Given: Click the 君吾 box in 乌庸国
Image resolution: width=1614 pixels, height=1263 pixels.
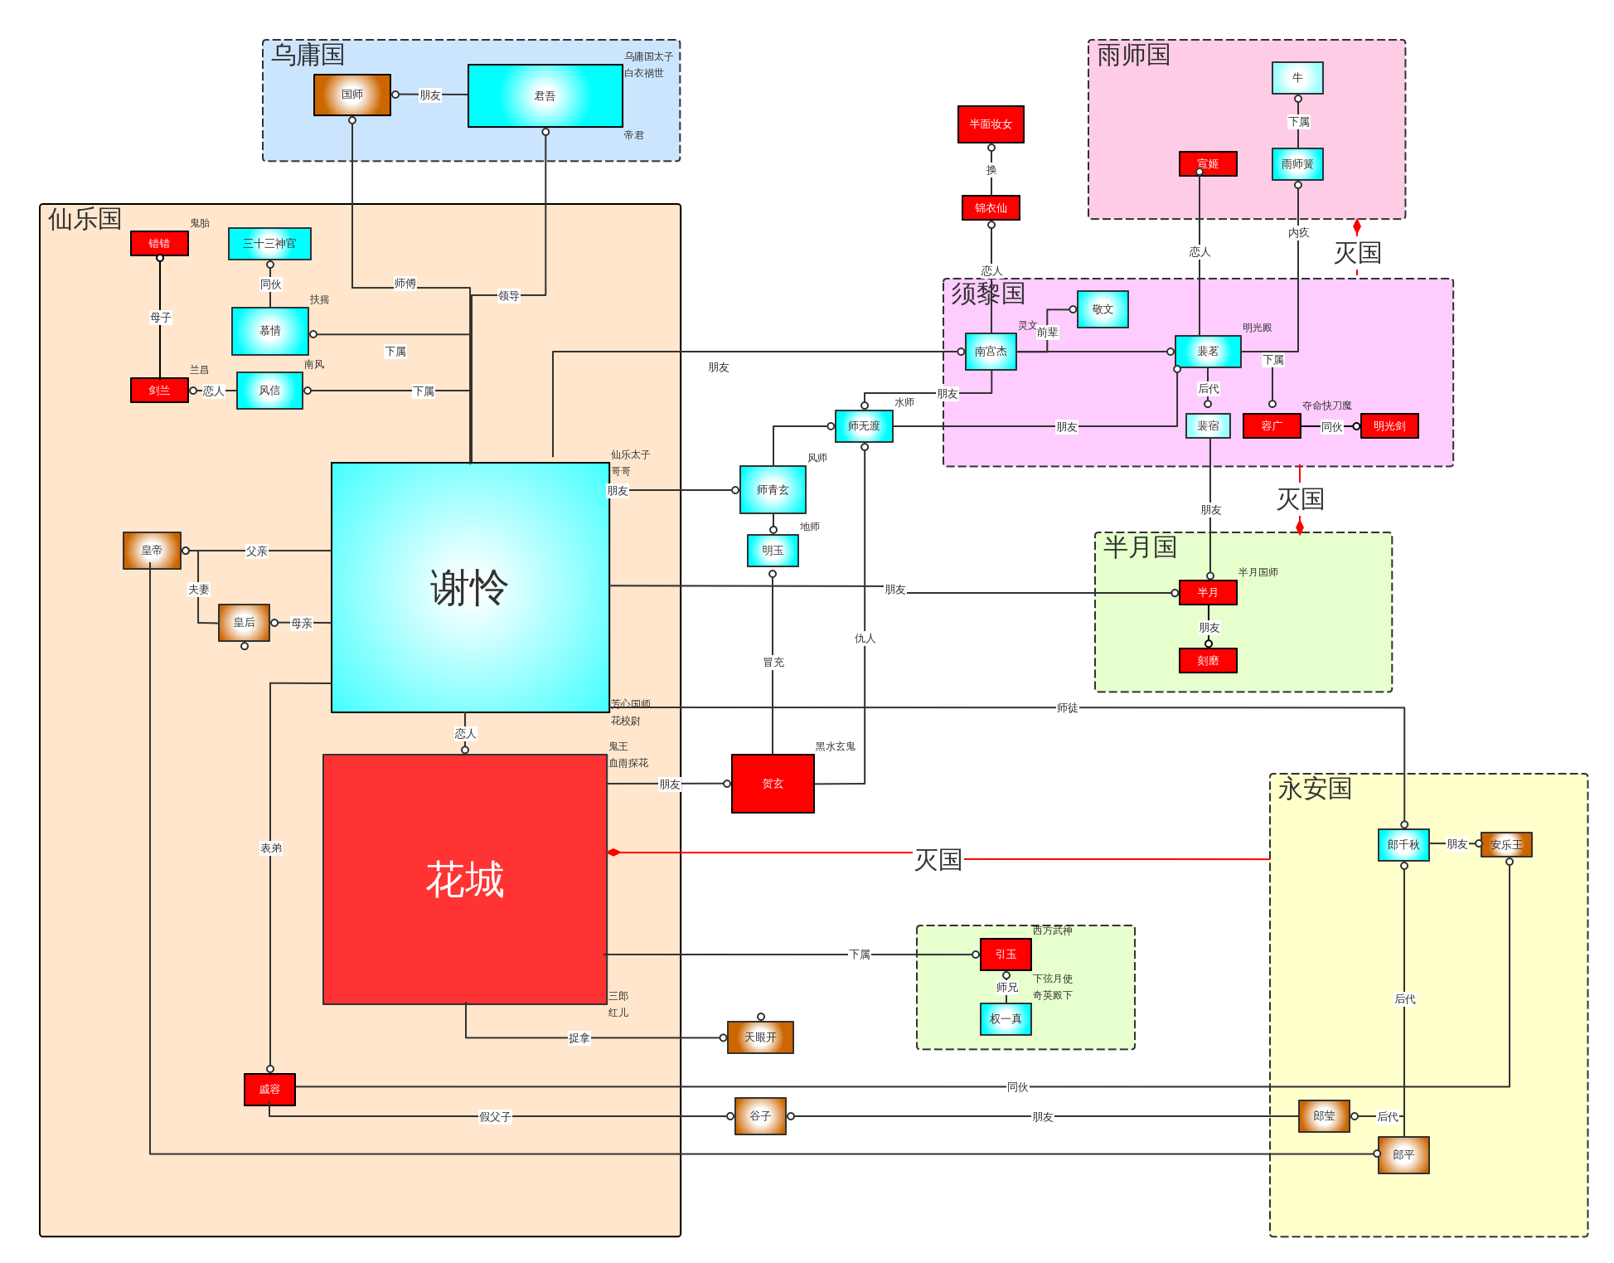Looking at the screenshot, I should (545, 96).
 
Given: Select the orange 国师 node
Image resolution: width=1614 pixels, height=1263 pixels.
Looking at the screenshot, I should (351, 95).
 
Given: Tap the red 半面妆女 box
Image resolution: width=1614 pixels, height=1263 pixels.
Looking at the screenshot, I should (991, 124).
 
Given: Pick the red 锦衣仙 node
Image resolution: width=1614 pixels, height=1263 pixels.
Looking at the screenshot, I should (991, 207).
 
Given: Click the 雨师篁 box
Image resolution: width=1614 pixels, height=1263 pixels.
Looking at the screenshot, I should (1297, 164).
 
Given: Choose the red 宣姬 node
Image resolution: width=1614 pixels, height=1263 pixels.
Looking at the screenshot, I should (1208, 164).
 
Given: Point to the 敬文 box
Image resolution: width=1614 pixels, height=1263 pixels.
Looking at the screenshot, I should (1103, 309).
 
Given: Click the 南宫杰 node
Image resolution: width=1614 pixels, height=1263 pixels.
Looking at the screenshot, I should (991, 352).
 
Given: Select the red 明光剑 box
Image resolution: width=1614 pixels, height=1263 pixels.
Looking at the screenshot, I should (1389, 426).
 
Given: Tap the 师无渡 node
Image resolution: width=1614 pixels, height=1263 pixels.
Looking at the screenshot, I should (864, 426).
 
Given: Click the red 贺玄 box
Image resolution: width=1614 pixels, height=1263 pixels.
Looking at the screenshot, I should (773, 784).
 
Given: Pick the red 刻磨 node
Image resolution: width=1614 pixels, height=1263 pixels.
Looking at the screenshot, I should (1208, 661).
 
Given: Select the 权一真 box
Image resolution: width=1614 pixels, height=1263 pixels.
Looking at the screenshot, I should (1006, 1019).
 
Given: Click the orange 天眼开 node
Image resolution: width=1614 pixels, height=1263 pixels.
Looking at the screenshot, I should (760, 1037).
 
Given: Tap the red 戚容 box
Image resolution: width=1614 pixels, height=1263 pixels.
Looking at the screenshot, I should (269, 1090).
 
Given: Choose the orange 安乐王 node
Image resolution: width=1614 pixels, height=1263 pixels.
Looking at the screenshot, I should (1506, 845).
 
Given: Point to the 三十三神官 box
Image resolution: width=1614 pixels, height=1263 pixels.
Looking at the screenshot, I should (269, 244).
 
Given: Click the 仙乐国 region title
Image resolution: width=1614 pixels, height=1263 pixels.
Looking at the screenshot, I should (85, 220).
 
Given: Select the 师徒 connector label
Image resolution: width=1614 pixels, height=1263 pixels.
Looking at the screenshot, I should (1067, 708).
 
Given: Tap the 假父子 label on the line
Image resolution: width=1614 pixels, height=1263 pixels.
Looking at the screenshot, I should (495, 1117).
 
